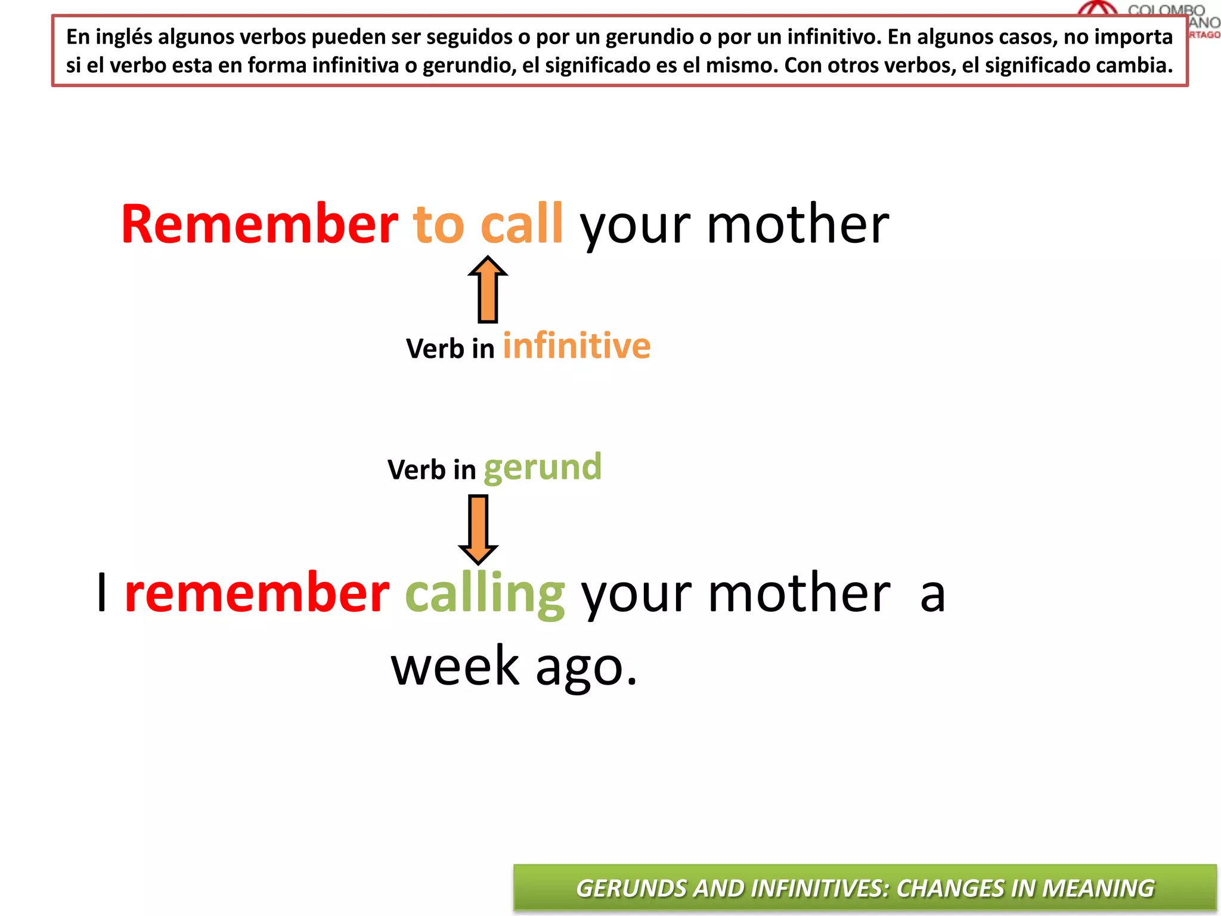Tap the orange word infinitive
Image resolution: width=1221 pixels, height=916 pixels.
pos(577,346)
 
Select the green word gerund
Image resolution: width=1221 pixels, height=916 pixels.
pos(543,468)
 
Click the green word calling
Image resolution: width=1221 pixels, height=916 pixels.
pos(485,594)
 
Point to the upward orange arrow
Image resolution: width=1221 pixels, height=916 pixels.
pos(488,289)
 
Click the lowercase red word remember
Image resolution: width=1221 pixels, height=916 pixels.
pos(257,594)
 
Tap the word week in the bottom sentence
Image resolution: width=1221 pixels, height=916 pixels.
pos(455,666)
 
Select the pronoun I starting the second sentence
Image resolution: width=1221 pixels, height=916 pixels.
pos(103,593)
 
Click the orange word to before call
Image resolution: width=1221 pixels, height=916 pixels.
pos(438,225)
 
